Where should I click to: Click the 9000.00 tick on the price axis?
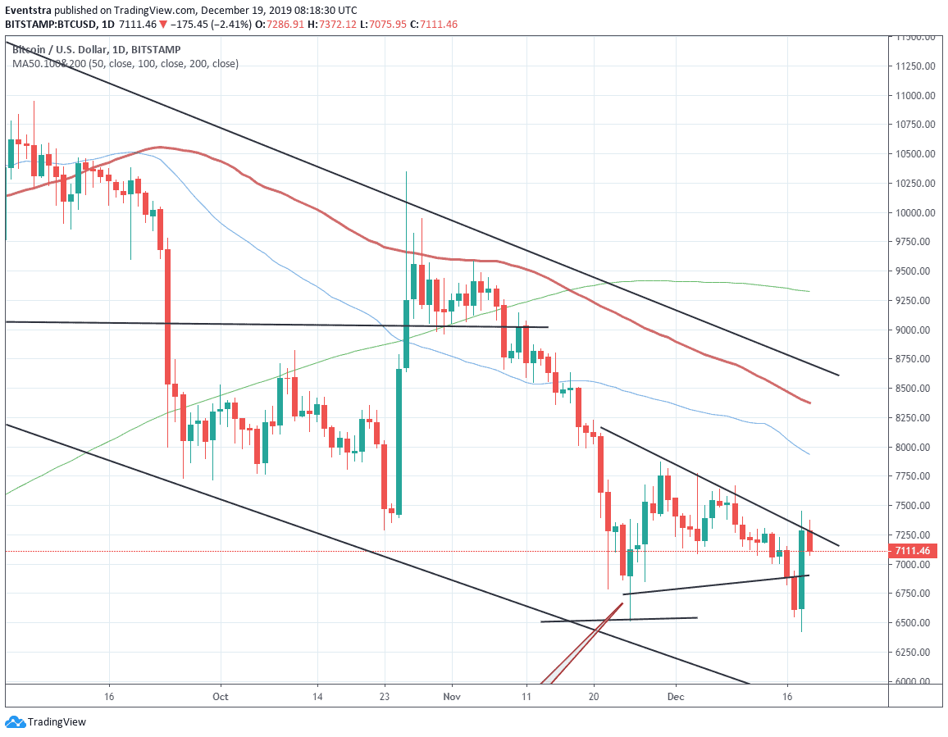pos(913,330)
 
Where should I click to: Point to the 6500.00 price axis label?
pos(913,623)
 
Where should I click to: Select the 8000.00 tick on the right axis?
pos(913,447)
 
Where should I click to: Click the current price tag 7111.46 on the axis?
pos(912,551)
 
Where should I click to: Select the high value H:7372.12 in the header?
pos(334,25)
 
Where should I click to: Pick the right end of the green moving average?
pos(810,291)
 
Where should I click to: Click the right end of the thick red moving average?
pos(810,403)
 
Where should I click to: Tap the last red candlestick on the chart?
pos(810,541)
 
